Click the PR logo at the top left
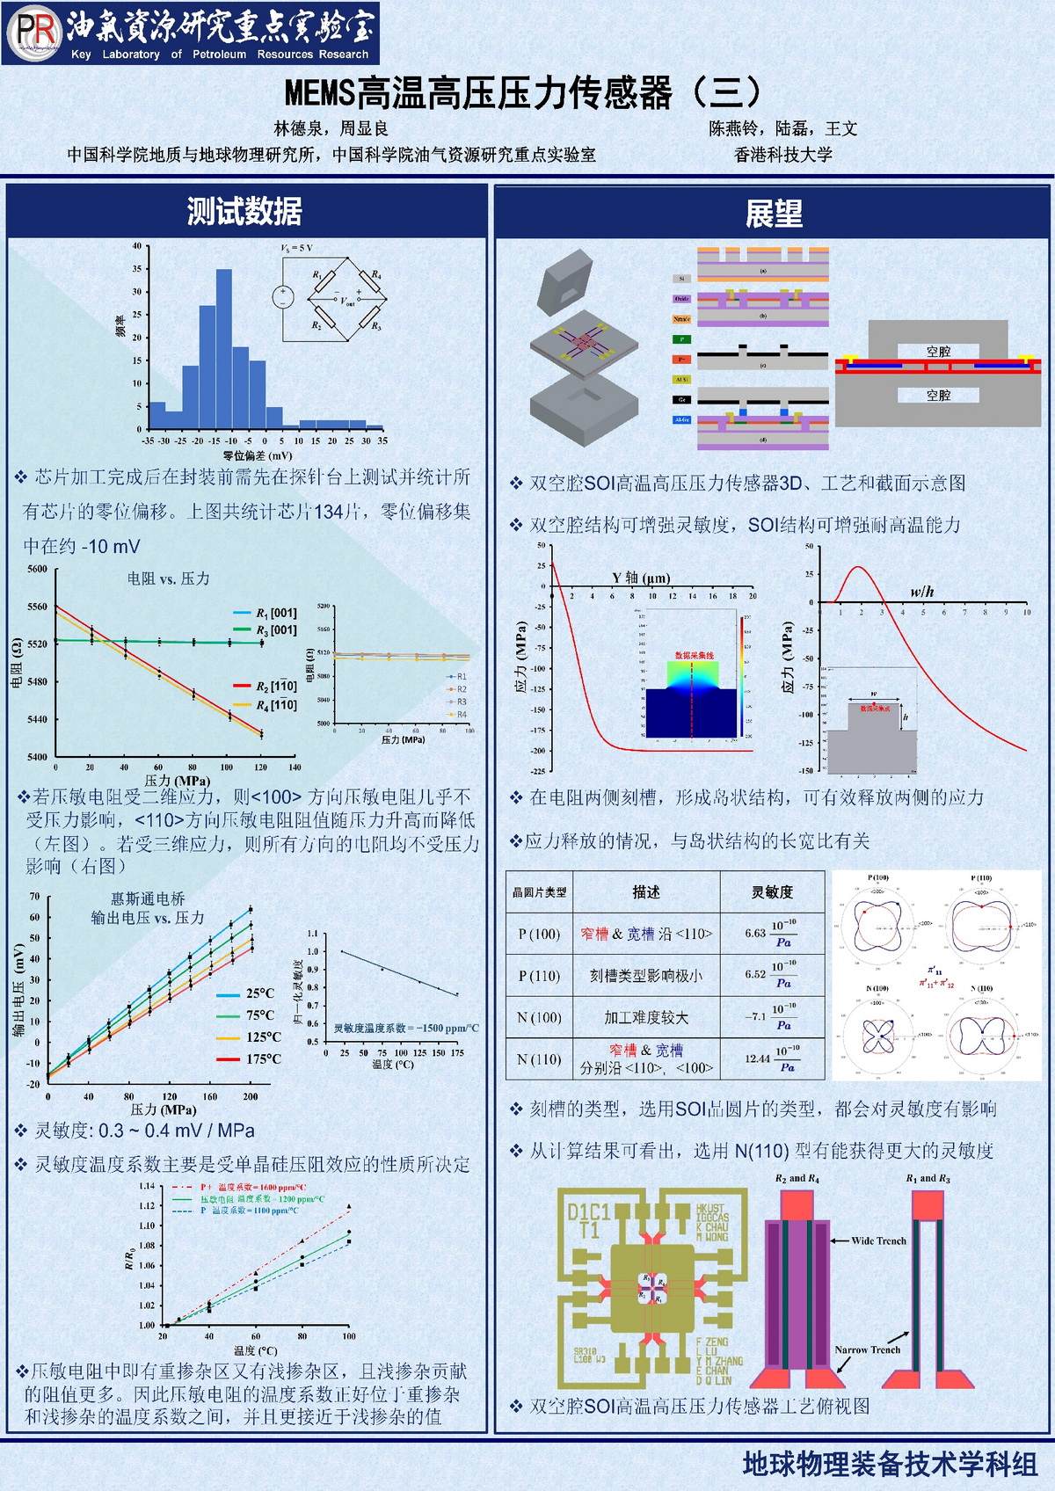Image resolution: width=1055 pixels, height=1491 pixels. point(33,33)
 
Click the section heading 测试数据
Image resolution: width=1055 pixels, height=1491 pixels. point(244,212)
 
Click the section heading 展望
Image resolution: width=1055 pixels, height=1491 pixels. point(774,214)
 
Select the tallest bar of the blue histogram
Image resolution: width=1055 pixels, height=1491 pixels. point(224,349)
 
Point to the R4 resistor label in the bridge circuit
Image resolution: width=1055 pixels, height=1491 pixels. point(376,275)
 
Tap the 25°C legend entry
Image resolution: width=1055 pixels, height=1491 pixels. point(260,993)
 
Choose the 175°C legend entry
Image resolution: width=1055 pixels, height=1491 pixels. point(263,1058)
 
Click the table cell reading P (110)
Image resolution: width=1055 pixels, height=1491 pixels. point(539,976)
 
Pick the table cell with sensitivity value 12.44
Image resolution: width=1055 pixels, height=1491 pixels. point(757,1058)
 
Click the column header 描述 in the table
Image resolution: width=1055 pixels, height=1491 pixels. point(646,891)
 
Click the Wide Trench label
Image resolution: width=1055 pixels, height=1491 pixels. point(878,1240)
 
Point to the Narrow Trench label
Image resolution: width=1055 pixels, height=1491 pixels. point(868,1349)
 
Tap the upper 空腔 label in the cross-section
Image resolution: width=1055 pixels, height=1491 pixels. point(938,352)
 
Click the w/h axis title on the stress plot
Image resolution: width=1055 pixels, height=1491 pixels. point(922,592)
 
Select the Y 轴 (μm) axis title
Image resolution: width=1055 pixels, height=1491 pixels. point(641,578)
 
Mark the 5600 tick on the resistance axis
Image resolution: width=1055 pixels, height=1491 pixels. point(37,569)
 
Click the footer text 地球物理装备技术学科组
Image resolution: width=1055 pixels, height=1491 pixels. point(890,1464)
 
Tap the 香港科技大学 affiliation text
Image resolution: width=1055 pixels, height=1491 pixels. point(782,155)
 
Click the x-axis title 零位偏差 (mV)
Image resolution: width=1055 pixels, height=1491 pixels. point(258,455)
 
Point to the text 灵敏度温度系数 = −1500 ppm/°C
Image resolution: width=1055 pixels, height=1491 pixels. point(406,1028)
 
